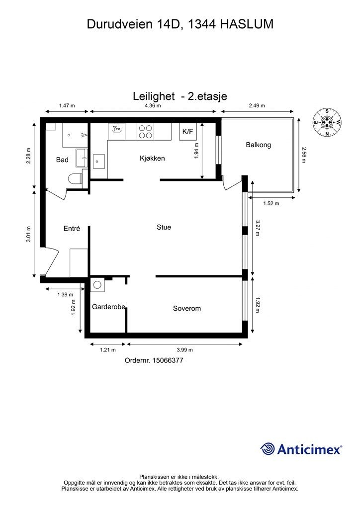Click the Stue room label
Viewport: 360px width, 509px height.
coord(164,227)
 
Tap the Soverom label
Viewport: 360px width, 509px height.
coord(186,308)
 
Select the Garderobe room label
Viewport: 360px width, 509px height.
coord(108,307)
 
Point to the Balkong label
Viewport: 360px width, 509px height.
coord(259,145)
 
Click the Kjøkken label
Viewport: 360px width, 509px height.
coord(152,159)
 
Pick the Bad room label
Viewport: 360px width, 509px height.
coord(62,160)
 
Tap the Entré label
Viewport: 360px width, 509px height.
coord(72,229)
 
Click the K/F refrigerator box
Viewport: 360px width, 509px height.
coord(187,131)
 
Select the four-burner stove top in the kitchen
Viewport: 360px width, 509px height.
coord(145,131)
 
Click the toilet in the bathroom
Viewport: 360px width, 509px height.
coord(75,179)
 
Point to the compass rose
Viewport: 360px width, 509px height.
coord(327,122)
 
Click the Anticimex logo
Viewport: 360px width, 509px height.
coord(301,449)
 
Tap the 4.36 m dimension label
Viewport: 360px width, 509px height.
coord(153,105)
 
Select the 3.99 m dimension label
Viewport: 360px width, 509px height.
coord(184,350)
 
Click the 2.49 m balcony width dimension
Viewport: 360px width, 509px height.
coord(257,105)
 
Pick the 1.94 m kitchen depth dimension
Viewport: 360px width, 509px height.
coord(196,151)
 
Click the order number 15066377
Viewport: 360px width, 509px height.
coord(154,360)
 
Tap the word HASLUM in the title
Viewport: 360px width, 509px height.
coord(247,24)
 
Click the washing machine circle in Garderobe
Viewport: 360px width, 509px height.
coord(97,285)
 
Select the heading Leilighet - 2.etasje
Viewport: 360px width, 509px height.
coord(180,96)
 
